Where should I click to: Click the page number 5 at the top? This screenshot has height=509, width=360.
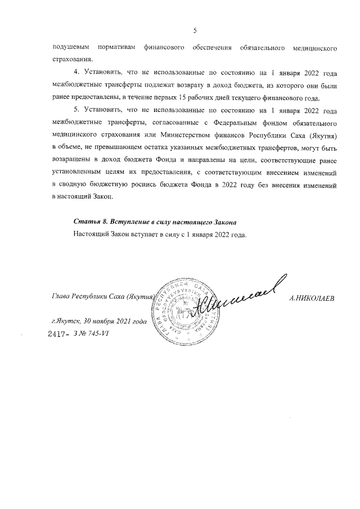(x=193, y=30)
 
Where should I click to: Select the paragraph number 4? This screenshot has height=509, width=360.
(x=76, y=73)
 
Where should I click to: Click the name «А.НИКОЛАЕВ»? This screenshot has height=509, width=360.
(x=312, y=299)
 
